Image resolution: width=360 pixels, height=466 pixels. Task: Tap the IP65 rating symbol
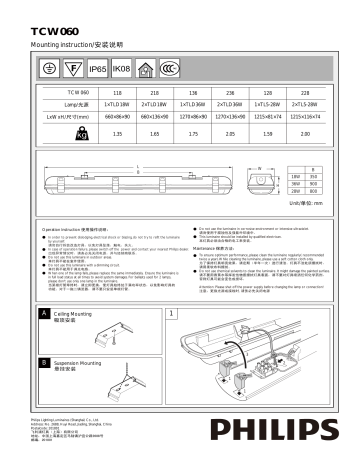97,70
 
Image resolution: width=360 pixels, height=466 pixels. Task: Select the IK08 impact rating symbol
122,70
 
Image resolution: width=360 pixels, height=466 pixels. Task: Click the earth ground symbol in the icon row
48,70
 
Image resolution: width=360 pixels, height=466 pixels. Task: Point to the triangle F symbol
72,70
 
